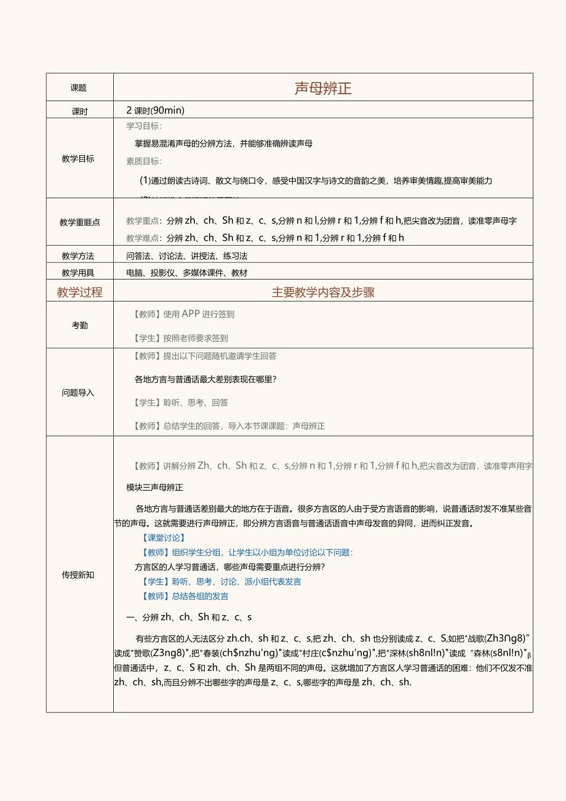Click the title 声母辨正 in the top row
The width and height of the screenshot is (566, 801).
click(323, 88)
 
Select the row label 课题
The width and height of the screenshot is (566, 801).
click(79, 88)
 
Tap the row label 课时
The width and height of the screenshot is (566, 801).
click(79, 111)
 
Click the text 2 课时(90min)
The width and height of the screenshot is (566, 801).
click(155, 111)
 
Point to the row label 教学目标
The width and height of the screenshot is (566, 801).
click(78, 159)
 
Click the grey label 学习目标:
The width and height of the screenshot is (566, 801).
click(144, 126)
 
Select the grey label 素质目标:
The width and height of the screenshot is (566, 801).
click(144, 161)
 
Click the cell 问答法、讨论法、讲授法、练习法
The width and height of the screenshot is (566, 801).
click(186, 256)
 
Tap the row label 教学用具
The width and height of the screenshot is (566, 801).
click(78, 273)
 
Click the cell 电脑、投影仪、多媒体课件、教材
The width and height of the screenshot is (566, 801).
click(186, 273)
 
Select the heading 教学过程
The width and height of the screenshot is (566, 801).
click(79, 292)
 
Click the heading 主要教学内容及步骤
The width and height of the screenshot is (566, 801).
click(323, 292)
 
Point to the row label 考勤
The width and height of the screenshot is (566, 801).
click(79, 325)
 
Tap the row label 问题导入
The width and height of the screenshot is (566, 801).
click(78, 392)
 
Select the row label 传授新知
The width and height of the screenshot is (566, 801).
click(78, 574)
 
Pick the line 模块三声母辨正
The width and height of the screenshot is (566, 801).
click(154, 488)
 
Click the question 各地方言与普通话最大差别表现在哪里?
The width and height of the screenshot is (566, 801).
click(205, 379)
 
